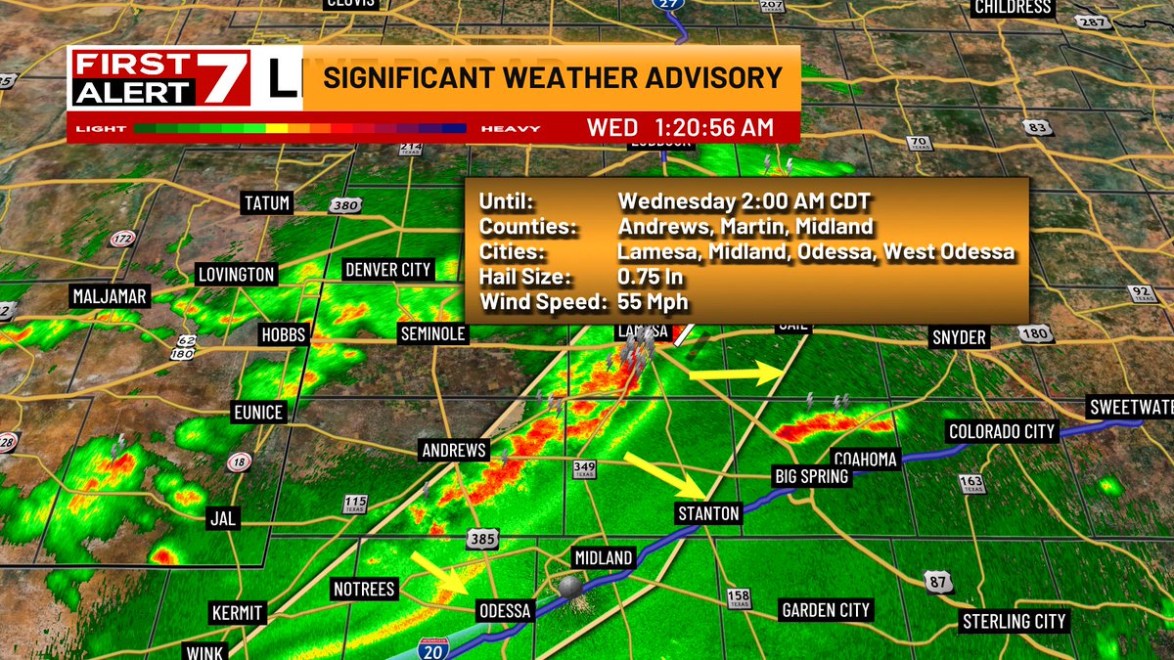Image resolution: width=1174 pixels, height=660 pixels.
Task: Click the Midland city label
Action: tap(603, 558)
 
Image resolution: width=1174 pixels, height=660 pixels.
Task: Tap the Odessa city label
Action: tap(504, 611)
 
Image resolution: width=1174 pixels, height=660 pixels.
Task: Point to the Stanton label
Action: tap(708, 513)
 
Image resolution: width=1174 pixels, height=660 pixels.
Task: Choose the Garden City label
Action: tap(826, 610)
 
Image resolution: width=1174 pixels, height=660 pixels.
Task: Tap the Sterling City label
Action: tap(1014, 621)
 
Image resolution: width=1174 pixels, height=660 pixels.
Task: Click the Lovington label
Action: tap(236, 274)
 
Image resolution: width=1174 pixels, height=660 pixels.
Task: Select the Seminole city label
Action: tap(432, 334)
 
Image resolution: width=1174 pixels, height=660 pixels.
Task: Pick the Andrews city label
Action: tap(453, 451)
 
